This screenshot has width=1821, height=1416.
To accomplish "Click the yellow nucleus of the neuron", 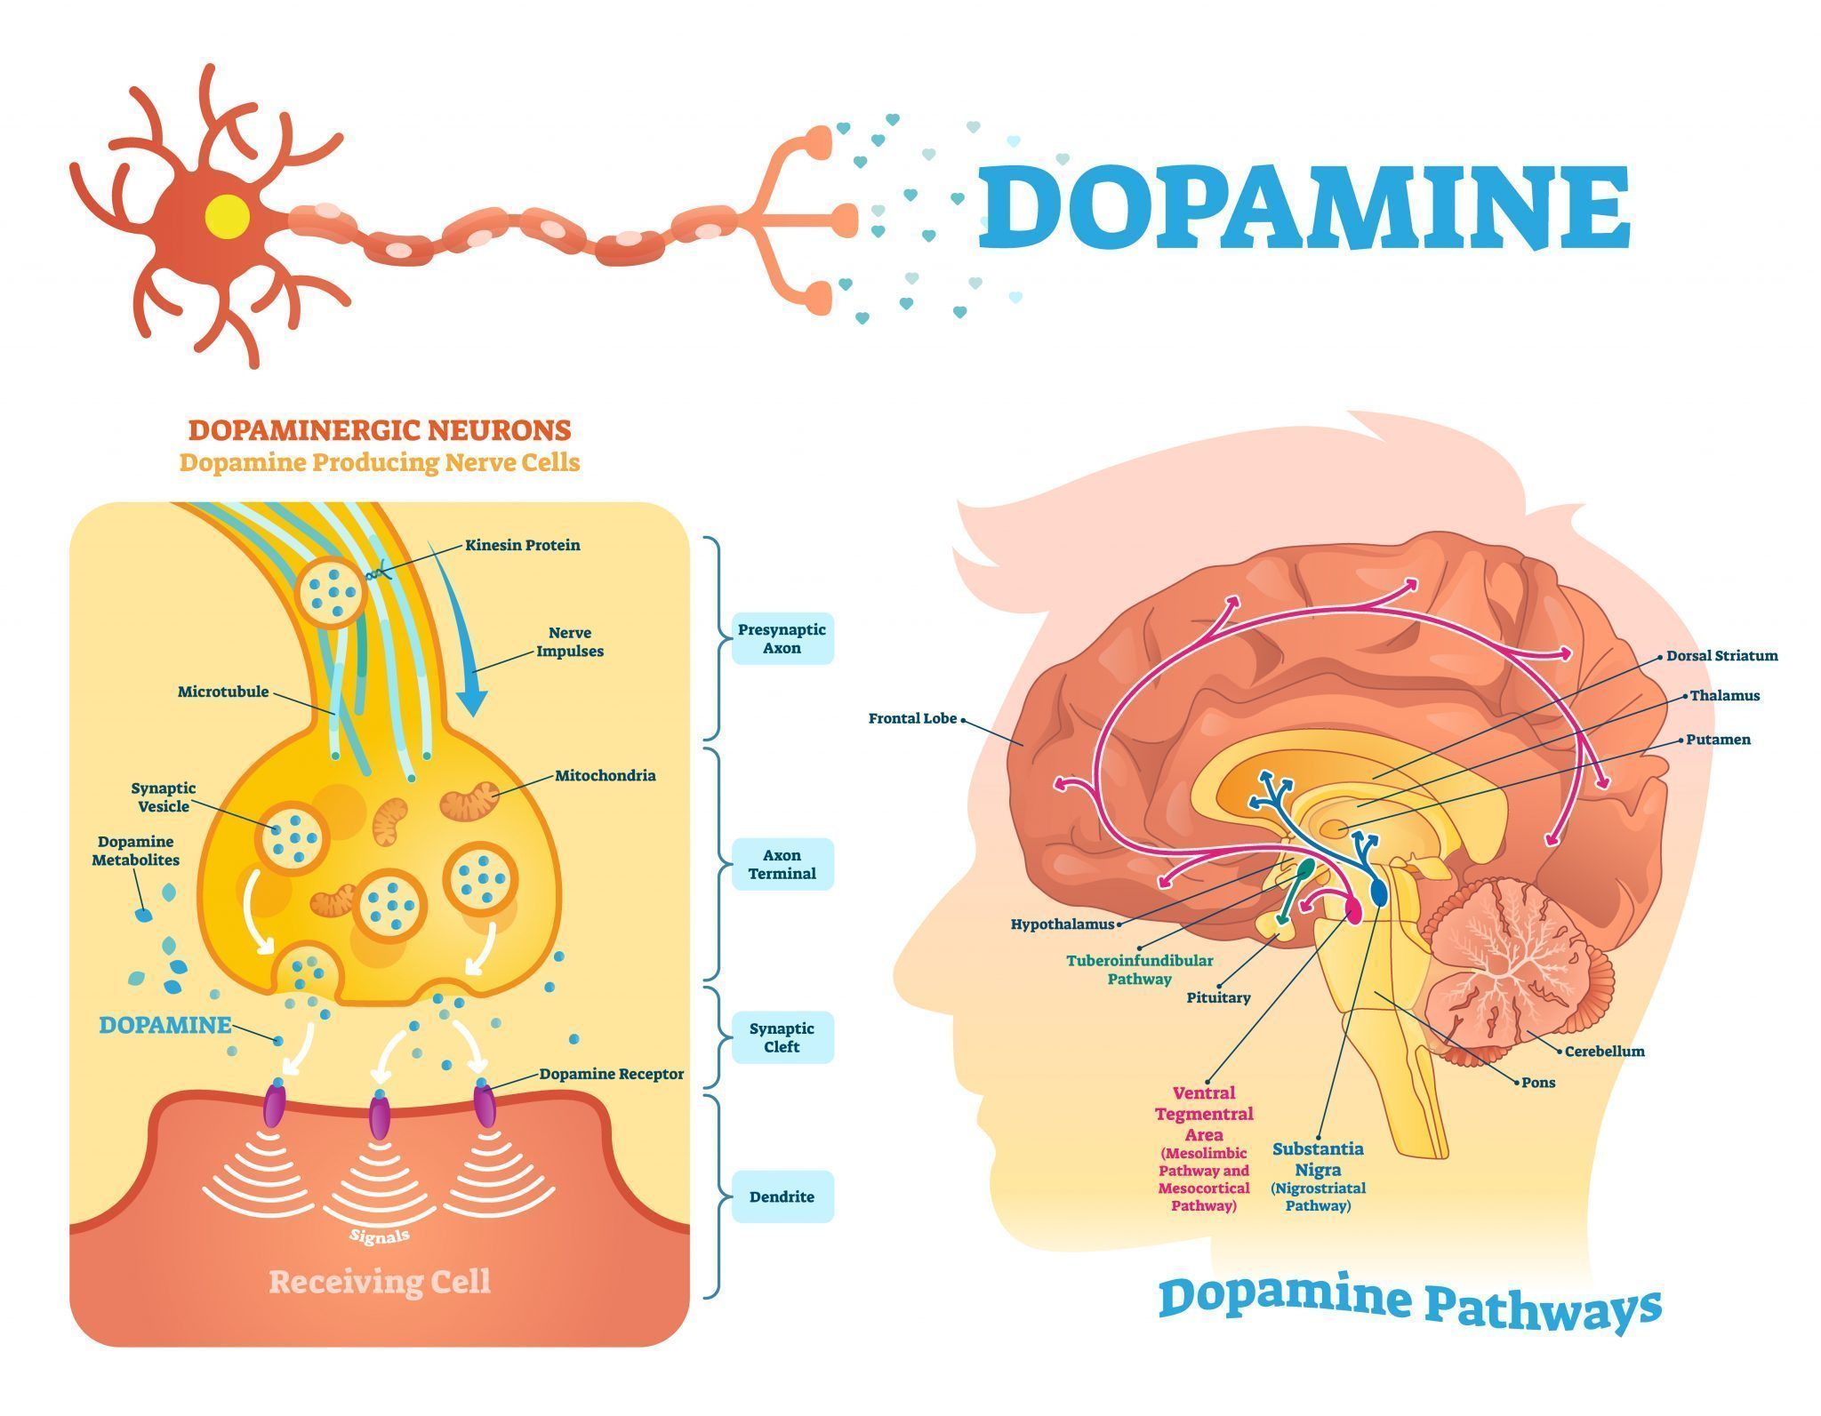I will click(x=227, y=216).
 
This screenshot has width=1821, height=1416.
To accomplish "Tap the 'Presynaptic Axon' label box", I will click(x=782, y=638).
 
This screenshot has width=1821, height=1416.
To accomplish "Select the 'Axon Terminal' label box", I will click(x=782, y=864).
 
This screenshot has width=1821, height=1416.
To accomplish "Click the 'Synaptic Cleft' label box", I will click(x=782, y=1037).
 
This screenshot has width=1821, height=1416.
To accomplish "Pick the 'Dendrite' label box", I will click(x=782, y=1196).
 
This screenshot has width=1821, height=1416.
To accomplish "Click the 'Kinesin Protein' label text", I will click(x=523, y=545).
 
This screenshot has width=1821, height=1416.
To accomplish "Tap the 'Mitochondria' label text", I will click(x=606, y=775).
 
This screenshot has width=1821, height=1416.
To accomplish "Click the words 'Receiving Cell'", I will click(x=380, y=1282).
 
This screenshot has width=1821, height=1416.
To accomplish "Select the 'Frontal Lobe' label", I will click(x=912, y=718).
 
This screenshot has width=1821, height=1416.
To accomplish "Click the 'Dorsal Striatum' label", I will click(x=1721, y=656).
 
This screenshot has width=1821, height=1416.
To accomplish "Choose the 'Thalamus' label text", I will click(x=1725, y=696).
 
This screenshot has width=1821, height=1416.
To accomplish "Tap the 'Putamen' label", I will click(x=1718, y=740).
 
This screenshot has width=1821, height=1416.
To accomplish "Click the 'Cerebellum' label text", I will click(x=1604, y=1052).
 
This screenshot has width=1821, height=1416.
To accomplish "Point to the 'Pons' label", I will click(x=1538, y=1083).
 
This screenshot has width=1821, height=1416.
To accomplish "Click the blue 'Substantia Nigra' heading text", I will click(x=1318, y=1159).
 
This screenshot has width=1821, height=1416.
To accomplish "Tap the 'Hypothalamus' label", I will click(x=1062, y=924).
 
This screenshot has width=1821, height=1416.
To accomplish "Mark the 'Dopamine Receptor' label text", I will click(x=612, y=1074).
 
